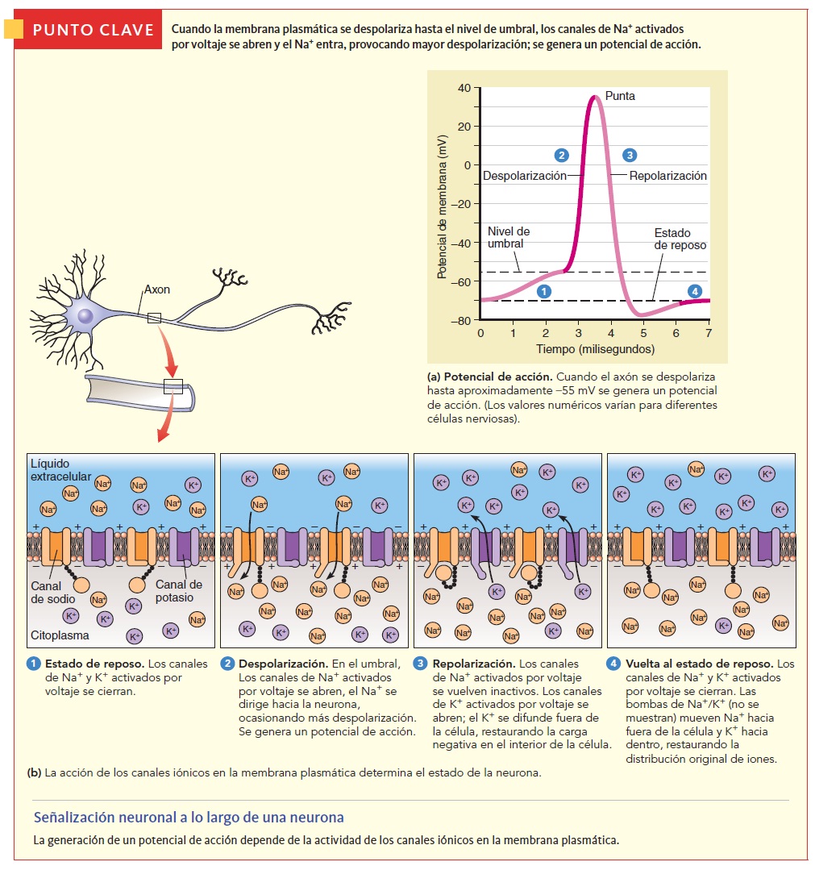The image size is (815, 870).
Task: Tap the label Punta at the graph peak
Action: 620,96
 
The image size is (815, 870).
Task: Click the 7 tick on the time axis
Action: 709,332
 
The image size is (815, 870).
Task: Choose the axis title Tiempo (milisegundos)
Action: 595,349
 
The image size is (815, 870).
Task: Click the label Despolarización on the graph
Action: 524,176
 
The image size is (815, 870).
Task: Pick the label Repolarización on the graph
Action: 667,176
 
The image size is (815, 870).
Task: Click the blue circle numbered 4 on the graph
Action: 695,291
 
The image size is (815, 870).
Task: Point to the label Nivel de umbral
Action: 509,237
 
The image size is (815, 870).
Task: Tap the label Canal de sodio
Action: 53,593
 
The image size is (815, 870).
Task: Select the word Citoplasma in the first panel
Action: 59,635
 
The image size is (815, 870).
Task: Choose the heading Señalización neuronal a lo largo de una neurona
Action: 189,818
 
